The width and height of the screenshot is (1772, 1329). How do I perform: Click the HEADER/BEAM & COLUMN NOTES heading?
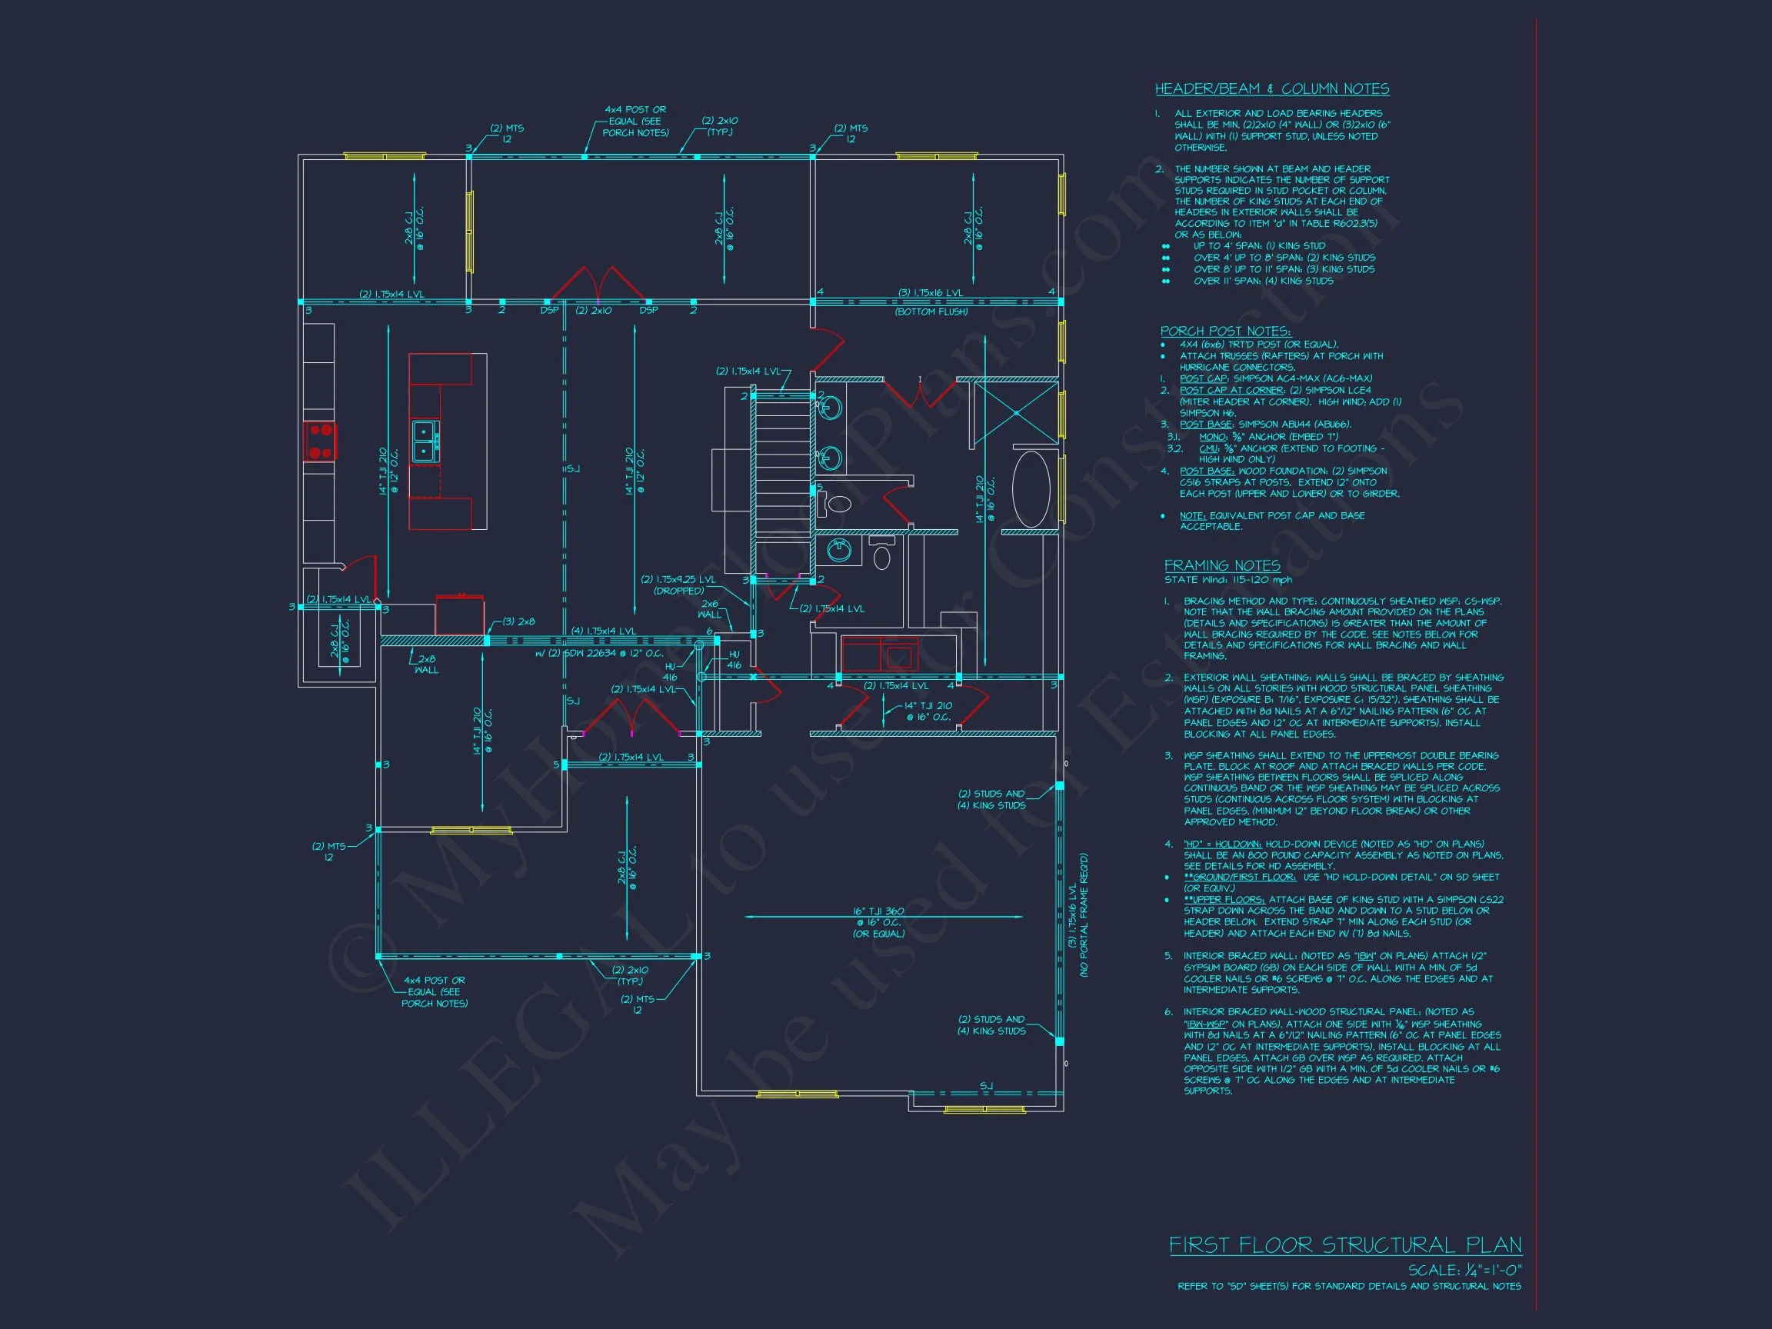tap(1271, 89)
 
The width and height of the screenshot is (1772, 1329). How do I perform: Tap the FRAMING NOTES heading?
tap(1221, 565)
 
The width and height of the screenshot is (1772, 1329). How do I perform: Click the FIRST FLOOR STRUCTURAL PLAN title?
tap(1345, 1245)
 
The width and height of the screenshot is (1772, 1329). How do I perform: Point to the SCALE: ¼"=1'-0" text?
tap(1464, 1271)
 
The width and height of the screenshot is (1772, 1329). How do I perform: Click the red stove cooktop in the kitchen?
tap(321, 442)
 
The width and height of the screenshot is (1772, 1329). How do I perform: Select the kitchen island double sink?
tap(425, 441)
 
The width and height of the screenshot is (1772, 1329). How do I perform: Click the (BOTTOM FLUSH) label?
tap(931, 311)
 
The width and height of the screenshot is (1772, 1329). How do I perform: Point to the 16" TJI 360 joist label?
tap(878, 911)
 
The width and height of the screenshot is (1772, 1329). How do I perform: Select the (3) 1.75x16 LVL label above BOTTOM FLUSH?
tap(930, 293)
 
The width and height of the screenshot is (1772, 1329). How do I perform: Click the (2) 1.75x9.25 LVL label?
tap(678, 579)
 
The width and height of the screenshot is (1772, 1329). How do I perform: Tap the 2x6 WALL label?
tap(710, 609)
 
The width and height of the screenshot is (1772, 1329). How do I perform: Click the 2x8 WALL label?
tap(426, 664)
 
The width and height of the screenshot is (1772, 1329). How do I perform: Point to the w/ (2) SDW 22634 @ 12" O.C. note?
tap(598, 653)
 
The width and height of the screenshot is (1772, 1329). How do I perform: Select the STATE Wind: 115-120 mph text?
tap(1227, 579)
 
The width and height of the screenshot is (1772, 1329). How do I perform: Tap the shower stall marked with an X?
tap(1016, 412)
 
